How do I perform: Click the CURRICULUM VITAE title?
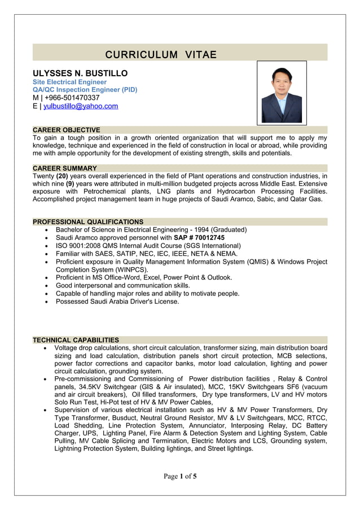[161, 55]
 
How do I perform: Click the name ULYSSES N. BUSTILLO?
[80, 73]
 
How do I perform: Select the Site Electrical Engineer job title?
[69, 82]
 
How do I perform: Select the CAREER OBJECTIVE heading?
[66, 130]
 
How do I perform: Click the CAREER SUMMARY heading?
[64, 168]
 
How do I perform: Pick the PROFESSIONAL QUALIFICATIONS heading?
[88, 222]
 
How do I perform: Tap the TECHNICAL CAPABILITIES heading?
[76, 340]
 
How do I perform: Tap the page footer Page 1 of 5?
[180, 476]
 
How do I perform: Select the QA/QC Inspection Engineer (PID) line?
[85, 90]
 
